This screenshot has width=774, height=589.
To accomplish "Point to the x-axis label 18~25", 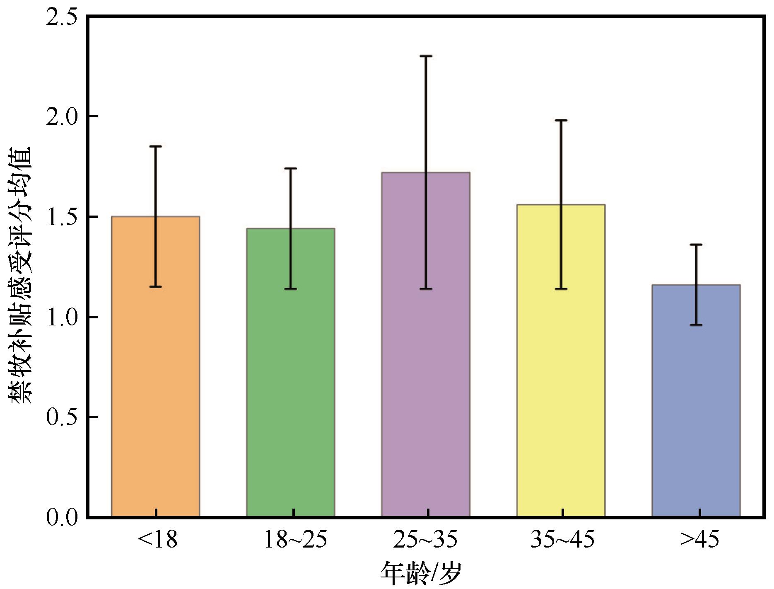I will (295, 540).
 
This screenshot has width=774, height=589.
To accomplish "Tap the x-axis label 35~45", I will (562, 540).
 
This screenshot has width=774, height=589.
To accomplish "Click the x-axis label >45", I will (699, 540).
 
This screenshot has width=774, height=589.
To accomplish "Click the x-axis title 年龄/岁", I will (420, 574).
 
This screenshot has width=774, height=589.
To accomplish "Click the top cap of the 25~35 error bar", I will (425, 56).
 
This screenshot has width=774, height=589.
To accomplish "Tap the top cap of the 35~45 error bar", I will (561, 120).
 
